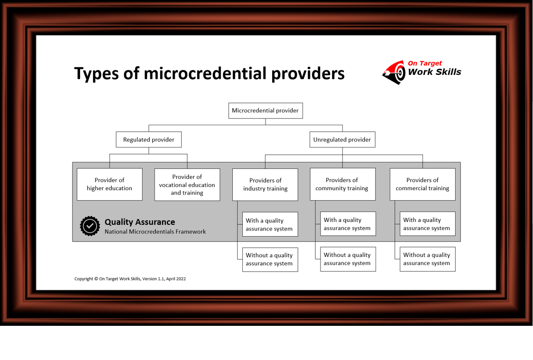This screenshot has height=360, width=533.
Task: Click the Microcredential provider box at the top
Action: point(265,111)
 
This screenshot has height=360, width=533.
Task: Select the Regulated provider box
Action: point(148,139)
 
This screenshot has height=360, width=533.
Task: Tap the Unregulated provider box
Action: point(342,139)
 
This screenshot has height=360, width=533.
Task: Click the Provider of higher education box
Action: point(110,184)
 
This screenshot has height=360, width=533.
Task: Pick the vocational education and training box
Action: point(187,185)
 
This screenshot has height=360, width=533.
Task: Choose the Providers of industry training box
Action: point(265,185)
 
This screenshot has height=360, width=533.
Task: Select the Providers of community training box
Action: point(342,184)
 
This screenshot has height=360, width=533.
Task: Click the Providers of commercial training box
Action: point(422,184)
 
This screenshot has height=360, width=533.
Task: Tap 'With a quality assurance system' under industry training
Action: point(270,224)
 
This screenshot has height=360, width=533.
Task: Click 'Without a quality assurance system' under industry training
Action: point(270,259)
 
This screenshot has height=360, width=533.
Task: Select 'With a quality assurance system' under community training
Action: point(348,224)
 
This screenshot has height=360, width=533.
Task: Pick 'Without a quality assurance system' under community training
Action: point(348,259)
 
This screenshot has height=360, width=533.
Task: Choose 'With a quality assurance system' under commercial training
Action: point(427,224)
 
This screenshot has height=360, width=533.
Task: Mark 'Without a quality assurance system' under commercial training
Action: point(427,259)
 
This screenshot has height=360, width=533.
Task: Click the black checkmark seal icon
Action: point(90,226)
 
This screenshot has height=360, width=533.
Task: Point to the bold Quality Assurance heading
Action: point(139,222)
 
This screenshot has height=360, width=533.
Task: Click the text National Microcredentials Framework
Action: point(155,232)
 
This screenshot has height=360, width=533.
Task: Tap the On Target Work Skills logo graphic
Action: point(395,73)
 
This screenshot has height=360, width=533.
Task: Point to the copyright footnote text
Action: point(130,279)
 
